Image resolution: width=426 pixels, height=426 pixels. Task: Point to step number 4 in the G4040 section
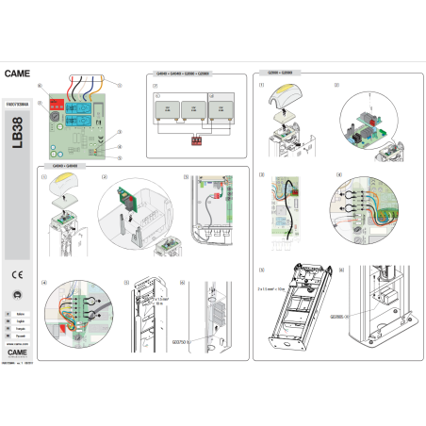pos(45,284)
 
